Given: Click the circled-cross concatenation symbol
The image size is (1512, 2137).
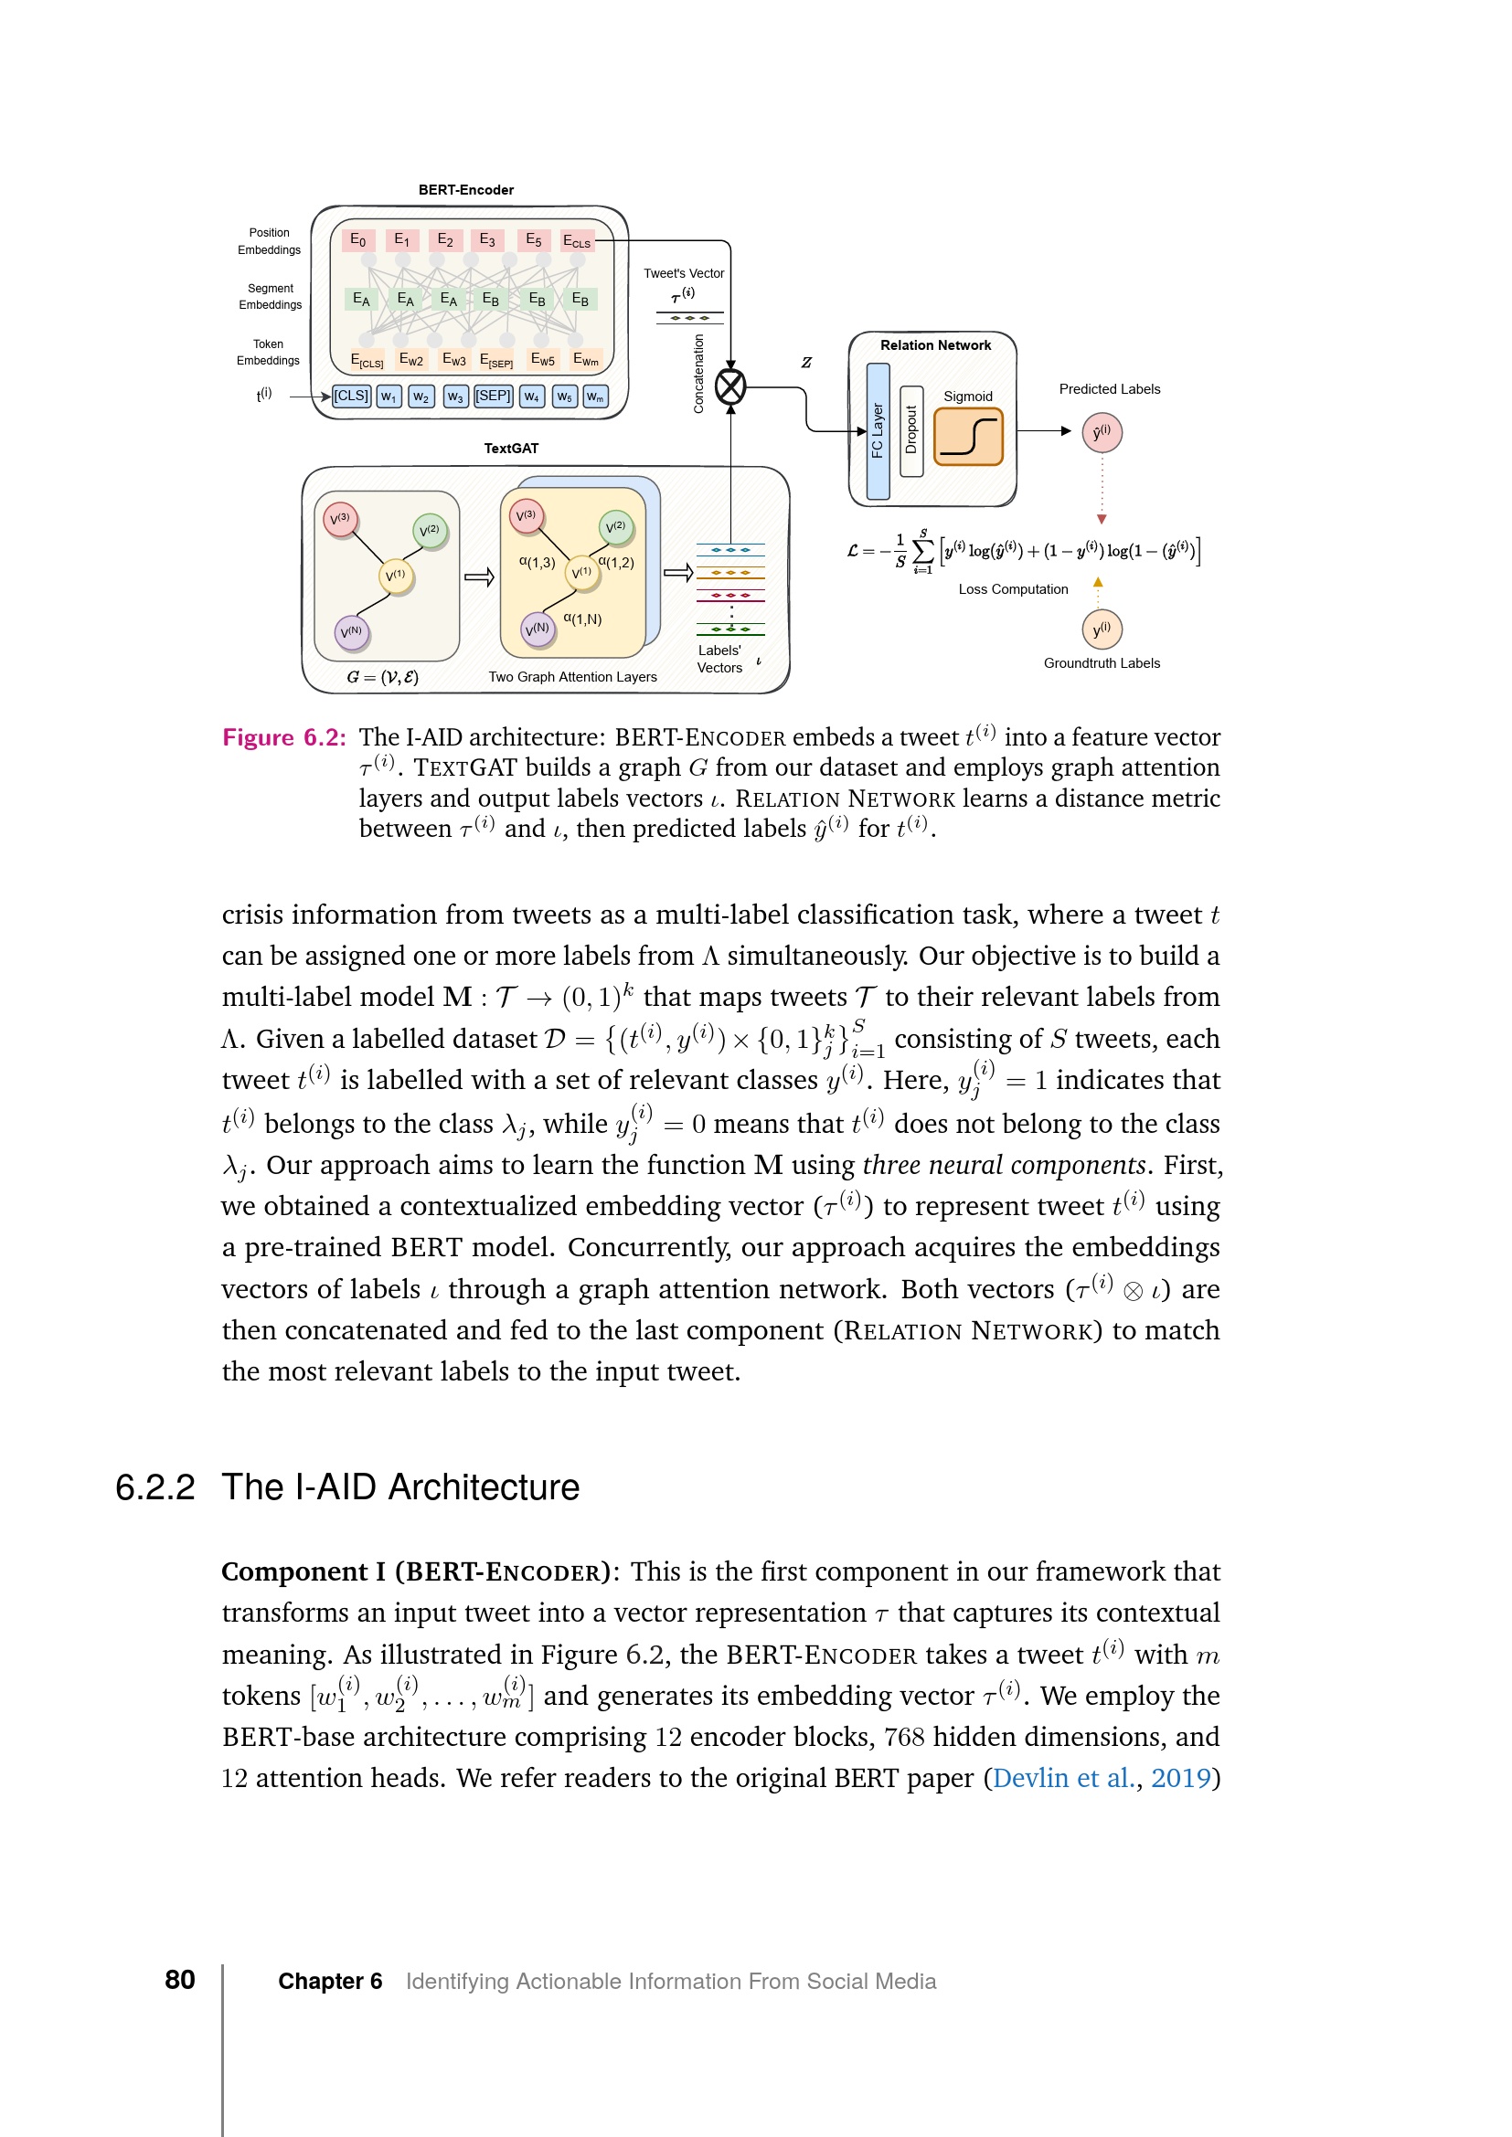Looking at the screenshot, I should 731,386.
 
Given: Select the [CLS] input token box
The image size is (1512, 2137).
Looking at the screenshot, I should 351,396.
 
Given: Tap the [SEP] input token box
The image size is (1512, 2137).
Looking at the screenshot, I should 493,396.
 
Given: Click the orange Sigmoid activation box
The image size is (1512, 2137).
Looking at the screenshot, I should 968,436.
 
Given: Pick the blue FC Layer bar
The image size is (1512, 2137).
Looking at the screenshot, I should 877,431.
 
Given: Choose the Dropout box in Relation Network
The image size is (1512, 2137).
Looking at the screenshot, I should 911,431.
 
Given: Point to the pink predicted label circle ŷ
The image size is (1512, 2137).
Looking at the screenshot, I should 1102,433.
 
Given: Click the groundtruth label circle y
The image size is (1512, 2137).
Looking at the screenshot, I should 1102,629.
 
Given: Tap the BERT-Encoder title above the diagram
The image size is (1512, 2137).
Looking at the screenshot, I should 465,190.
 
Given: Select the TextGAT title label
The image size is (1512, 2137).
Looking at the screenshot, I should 511,449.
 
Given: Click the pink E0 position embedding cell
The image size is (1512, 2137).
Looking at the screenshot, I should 358,240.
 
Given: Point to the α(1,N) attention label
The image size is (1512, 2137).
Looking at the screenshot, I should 583,619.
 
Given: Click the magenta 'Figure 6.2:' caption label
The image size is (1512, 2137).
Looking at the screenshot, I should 284,737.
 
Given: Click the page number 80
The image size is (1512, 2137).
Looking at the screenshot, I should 180,1980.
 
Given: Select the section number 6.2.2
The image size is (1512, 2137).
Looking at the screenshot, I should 154,1487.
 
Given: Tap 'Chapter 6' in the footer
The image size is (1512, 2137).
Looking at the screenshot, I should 331,1982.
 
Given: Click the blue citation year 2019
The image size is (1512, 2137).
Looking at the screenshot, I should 1179,1778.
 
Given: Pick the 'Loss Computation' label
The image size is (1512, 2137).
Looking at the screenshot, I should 1013,589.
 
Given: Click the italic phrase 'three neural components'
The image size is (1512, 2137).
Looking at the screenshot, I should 1004,1165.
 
